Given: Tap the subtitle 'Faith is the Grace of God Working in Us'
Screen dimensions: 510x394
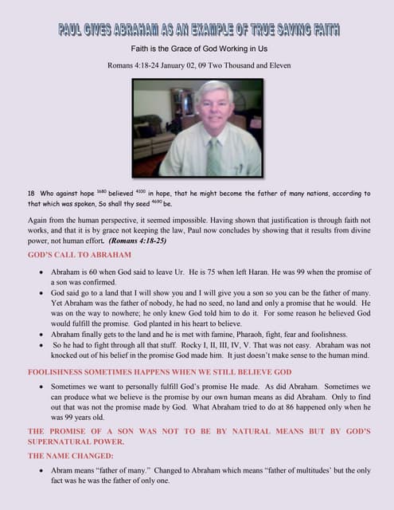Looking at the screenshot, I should pyautogui.click(x=197, y=49).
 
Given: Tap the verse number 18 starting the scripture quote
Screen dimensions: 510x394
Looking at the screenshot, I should pyautogui.click(x=33, y=194).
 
